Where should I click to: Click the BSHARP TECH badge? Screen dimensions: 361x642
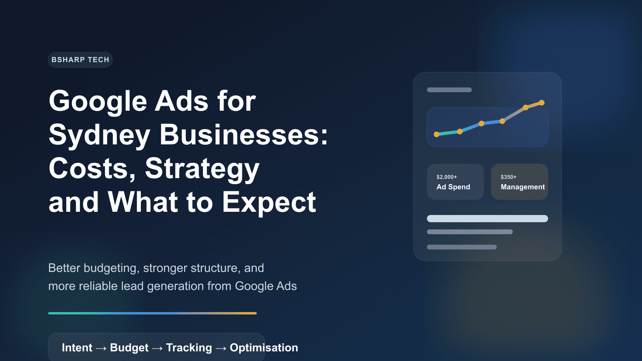click(80, 60)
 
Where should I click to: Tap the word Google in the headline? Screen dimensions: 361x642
click(98, 101)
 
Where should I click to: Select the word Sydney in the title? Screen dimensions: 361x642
click(100, 135)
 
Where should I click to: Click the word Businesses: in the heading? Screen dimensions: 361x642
click(244, 134)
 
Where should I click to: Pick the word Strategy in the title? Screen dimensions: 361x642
click(202, 168)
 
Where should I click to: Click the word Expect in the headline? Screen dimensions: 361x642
click(269, 202)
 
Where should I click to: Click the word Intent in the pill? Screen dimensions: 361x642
click(77, 348)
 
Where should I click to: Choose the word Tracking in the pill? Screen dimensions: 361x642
click(189, 348)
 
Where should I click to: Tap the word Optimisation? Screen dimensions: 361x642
click(264, 348)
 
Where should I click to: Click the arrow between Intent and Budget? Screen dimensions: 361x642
click(101, 348)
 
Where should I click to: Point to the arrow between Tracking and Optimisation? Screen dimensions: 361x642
click(221, 348)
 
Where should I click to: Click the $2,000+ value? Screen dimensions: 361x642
click(447, 177)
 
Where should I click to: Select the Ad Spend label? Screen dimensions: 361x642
click(453, 187)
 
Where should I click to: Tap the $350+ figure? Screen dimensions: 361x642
click(508, 177)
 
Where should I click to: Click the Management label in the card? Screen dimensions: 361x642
click(522, 187)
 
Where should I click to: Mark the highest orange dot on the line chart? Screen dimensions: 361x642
click(542, 103)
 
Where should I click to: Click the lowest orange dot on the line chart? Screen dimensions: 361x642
click(437, 134)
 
